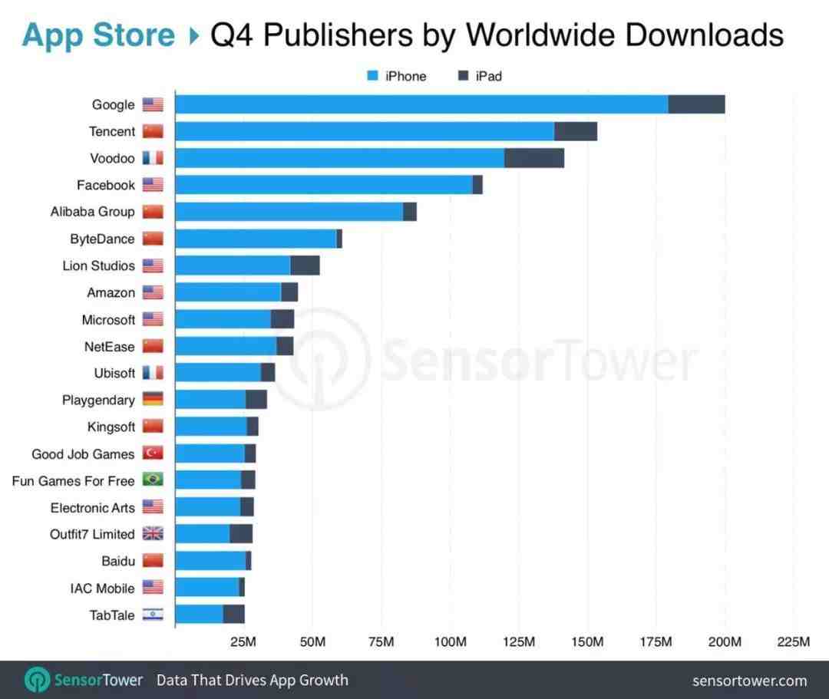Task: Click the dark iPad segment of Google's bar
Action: [696, 104]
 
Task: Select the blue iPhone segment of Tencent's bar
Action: [364, 131]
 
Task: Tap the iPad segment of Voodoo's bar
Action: [534, 158]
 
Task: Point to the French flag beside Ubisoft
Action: [153, 373]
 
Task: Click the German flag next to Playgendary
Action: [153, 400]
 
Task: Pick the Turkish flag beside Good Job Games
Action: [153, 453]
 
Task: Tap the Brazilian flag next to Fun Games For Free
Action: [153, 480]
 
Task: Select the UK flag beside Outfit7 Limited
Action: [153, 534]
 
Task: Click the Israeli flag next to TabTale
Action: [153, 615]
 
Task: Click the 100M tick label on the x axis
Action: [451, 641]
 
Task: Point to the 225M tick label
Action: [793, 641]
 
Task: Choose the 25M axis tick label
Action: [243, 641]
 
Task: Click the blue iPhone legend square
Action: [373, 76]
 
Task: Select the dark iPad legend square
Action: [463, 76]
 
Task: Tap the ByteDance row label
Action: [102, 239]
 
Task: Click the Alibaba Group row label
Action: [92, 212]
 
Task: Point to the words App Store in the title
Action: [98, 35]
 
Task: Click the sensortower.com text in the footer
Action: [749, 681]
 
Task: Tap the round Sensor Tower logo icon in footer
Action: [37, 680]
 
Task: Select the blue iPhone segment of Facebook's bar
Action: [323, 185]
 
